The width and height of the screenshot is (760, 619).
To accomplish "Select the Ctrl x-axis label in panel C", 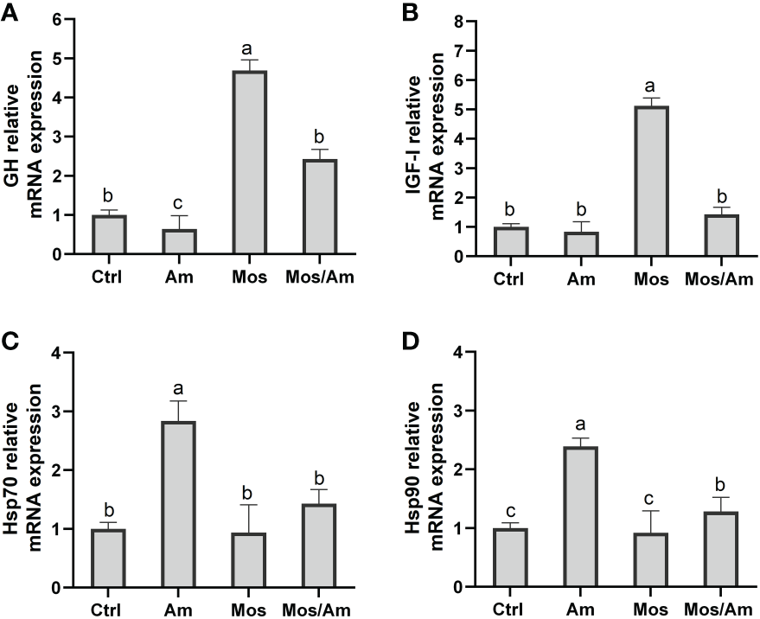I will (108, 608).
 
